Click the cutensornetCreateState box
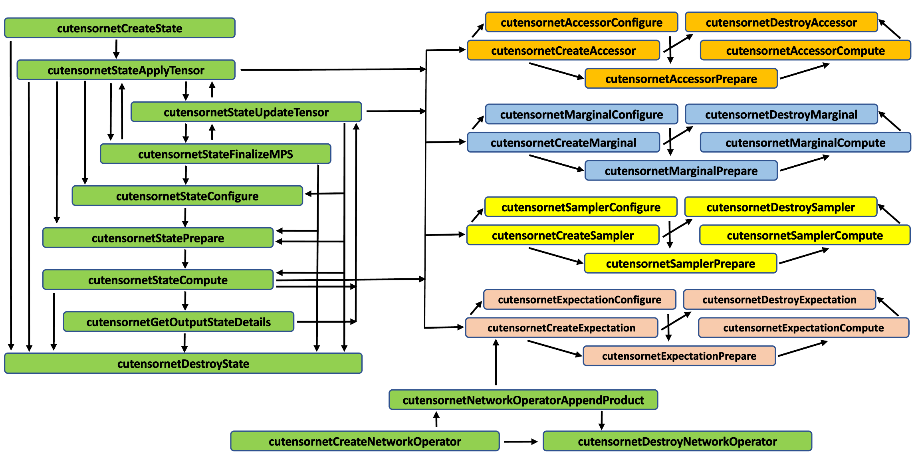click(x=119, y=28)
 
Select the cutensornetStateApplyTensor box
click(x=126, y=70)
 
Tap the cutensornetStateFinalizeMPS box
click(x=215, y=154)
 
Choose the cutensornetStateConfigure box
click(x=187, y=196)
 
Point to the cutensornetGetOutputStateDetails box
click(x=178, y=322)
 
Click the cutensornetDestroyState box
click(x=183, y=363)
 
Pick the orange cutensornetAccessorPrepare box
click(x=681, y=79)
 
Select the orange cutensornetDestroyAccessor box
click(x=781, y=22)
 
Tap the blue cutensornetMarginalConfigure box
click(x=581, y=115)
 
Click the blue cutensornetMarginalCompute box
click(x=805, y=143)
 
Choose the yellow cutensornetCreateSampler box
click(x=563, y=235)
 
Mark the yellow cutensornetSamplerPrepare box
click(x=680, y=264)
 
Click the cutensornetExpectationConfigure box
click(x=579, y=299)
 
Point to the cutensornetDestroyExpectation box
click(x=779, y=299)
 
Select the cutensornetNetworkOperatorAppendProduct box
click(x=523, y=400)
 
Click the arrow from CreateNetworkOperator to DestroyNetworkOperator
click(x=520, y=442)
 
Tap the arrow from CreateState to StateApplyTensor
click(x=116, y=49)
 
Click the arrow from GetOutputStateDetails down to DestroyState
click(x=184, y=342)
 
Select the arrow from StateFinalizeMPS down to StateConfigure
click(x=186, y=175)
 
